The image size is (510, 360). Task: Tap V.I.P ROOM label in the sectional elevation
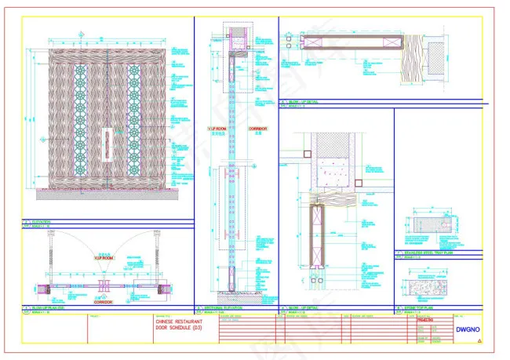tap(217, 128)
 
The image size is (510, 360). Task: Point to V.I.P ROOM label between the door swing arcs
tap(104, 257)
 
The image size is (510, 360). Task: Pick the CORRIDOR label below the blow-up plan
tap(104, 301)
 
